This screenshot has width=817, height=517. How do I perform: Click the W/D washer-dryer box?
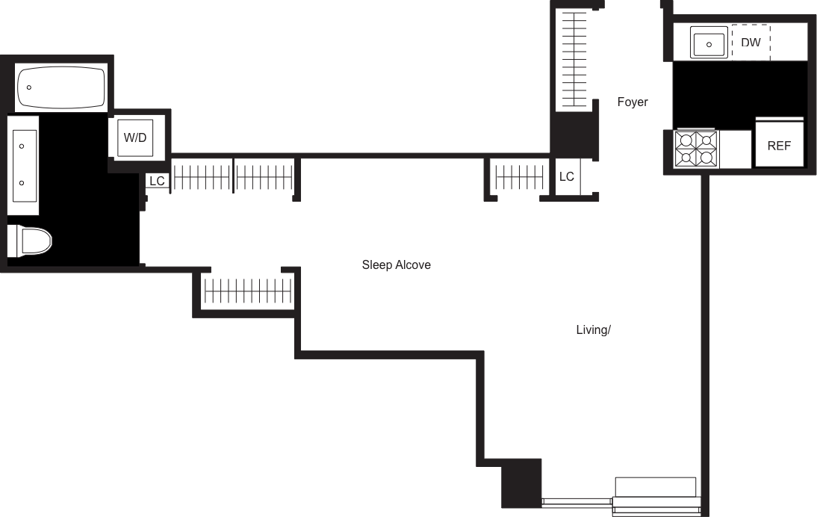click(x=134, y=137)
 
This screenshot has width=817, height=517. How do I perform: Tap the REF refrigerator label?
click(x=779, y=146)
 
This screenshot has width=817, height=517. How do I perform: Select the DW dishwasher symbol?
click(x=751, y=43)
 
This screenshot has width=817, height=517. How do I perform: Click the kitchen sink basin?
click(x=709, y=43)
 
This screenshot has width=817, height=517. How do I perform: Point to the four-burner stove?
click(x=696, y=149)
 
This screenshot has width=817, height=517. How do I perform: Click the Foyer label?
click(x=632, y=102)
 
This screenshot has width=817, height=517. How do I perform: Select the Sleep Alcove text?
click(x=396, y=264)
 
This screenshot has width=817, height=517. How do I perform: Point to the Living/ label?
click(x=594, y=329)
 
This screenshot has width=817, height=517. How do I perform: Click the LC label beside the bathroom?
click(x=157, y=181)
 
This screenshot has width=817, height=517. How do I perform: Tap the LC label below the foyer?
click(x=567, y=176)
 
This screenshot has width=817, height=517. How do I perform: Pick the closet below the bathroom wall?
click(x=246, y=290)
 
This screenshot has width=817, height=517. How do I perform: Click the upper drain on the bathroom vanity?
click(x=22, y=146)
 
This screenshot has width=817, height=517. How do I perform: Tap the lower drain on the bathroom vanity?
click(x=22, y=183)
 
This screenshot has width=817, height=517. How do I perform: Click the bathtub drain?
click(x=28, y=88)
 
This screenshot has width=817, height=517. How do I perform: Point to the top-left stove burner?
click(x=685, y=140)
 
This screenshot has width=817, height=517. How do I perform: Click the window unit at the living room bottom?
click(x=656, y=495)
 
